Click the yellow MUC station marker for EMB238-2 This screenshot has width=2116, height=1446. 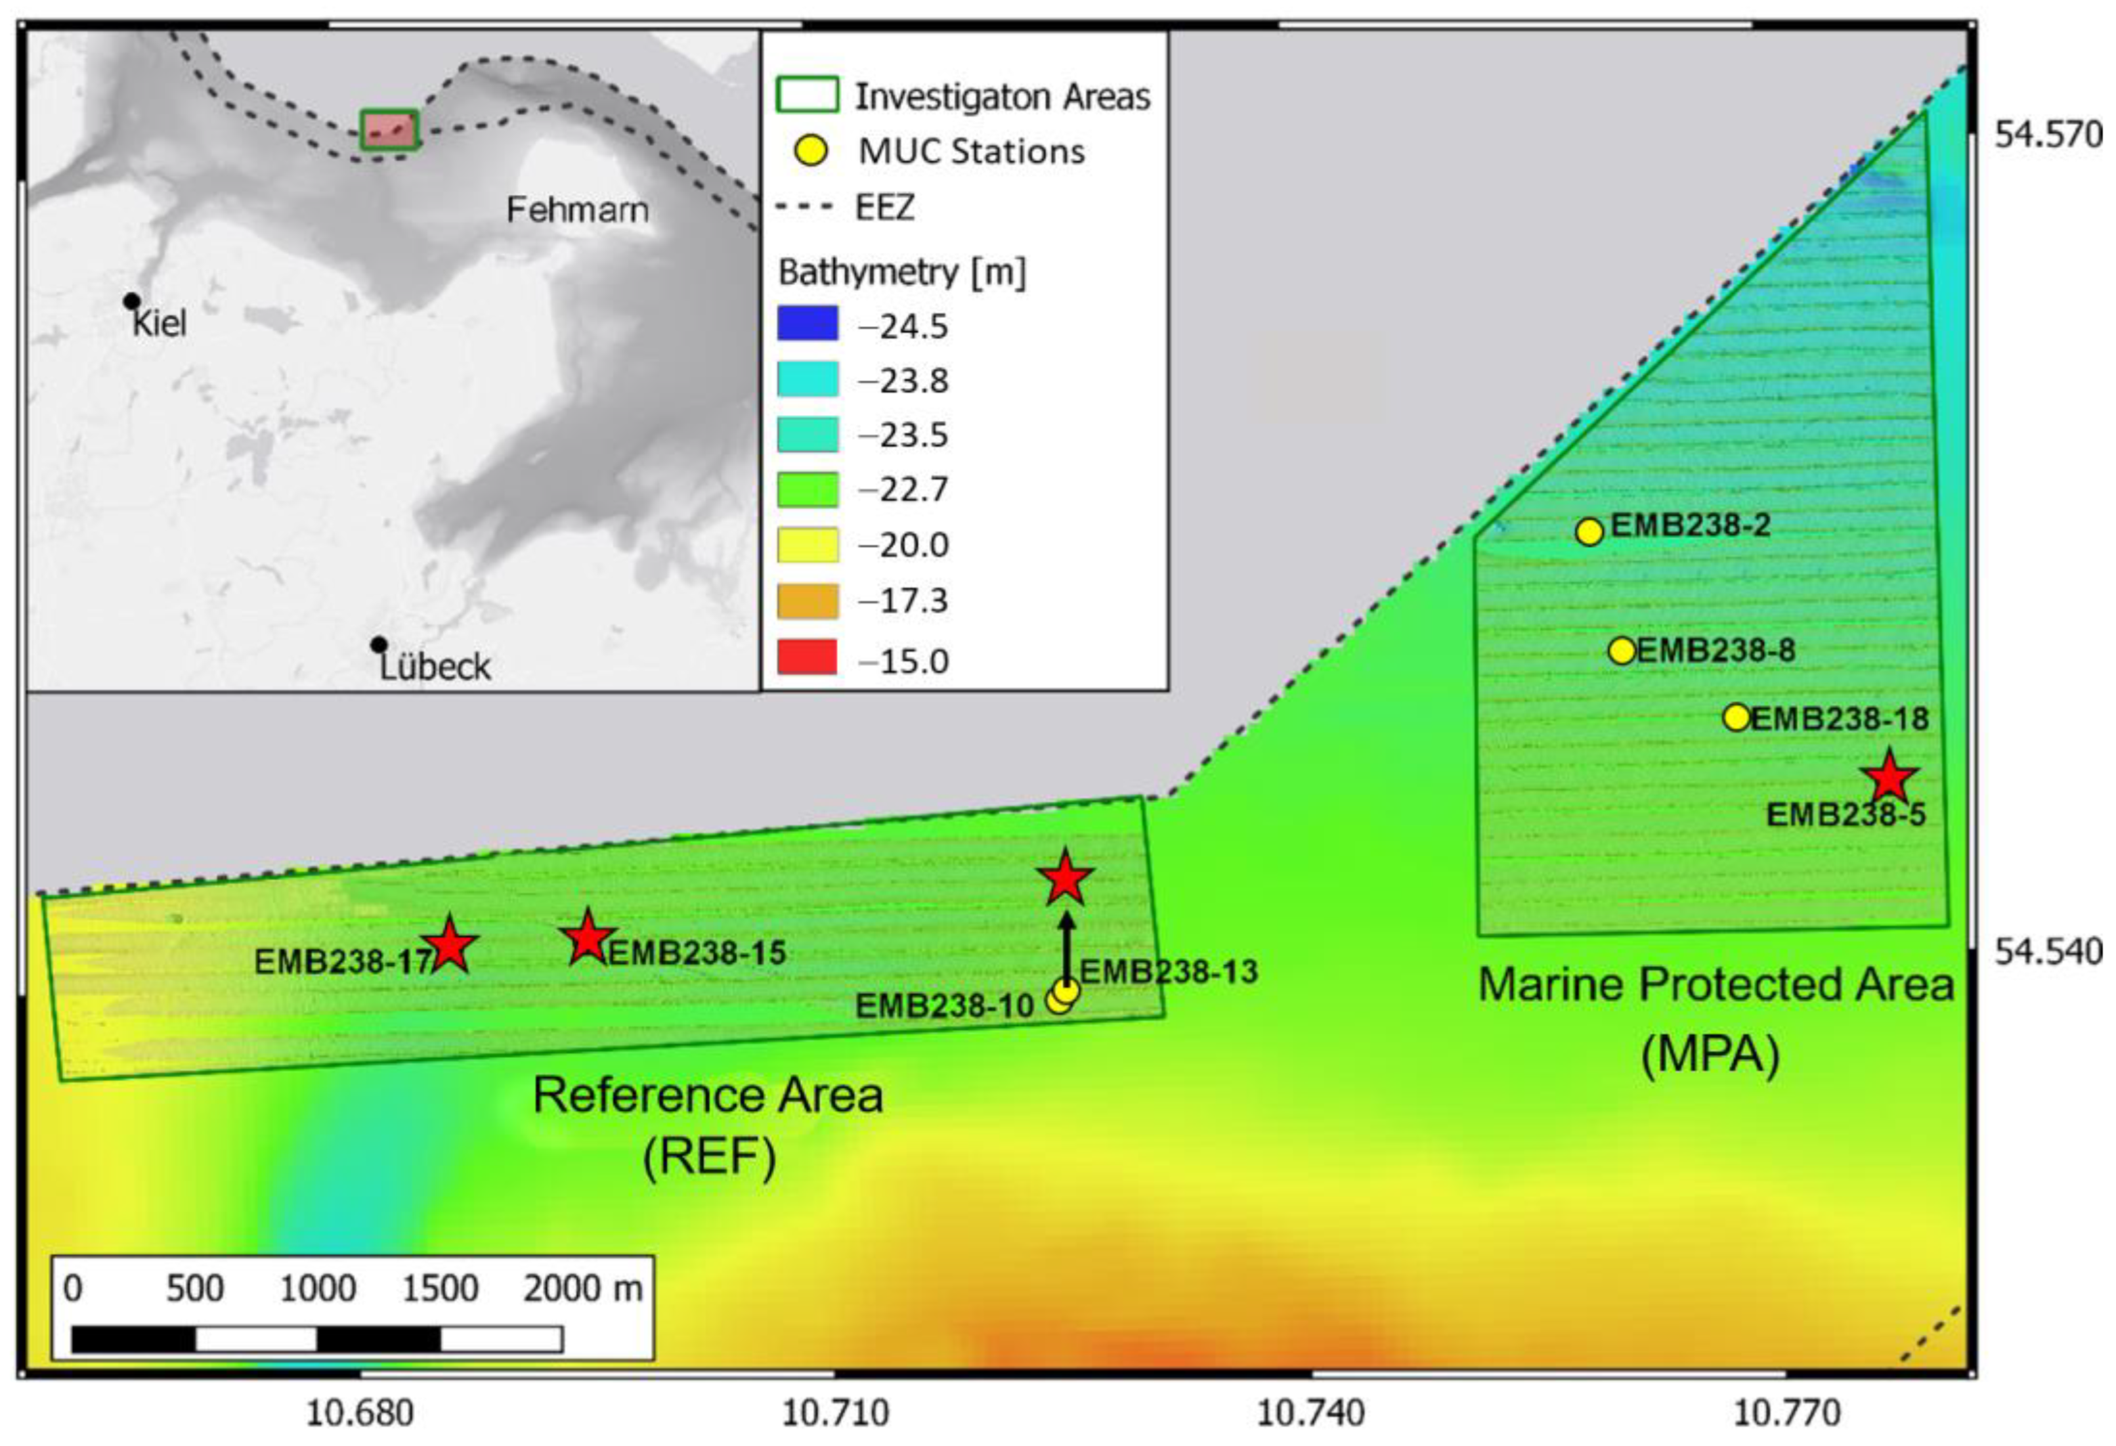point(1589,531)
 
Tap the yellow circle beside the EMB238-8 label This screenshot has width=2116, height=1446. point(1622,650)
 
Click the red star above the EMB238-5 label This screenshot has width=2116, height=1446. point(1888,778)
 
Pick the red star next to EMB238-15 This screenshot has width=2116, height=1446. point(588,938)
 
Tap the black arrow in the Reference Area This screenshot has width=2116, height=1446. point(1066,944)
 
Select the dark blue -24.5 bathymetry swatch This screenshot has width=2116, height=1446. point(807,324)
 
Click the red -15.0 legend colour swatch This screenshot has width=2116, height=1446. point(807,657)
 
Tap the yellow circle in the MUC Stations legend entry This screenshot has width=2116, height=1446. point(810,151)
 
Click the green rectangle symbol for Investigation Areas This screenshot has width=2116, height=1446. point(807,95)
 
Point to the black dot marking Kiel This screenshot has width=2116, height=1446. point(132,301)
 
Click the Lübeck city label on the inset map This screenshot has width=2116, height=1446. point(435,667)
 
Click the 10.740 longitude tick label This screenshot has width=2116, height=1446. point(1311,1414)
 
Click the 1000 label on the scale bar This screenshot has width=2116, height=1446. point(317,1288)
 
